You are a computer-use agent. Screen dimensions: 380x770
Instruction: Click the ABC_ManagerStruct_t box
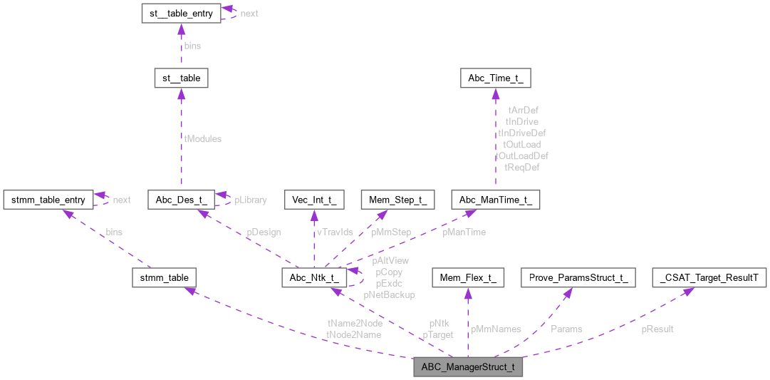[468, 368]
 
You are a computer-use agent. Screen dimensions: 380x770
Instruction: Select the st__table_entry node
[181, 14]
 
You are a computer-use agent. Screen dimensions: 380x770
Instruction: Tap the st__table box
[181, 78]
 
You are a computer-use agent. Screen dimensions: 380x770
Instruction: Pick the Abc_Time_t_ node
[496, 78]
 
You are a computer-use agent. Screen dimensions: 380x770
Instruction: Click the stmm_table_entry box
[48, 200]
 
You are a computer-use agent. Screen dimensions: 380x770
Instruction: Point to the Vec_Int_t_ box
[314, 200]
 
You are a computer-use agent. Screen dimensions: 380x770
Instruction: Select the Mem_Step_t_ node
[397, 200]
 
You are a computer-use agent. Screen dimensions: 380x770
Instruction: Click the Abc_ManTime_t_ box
[496, 200]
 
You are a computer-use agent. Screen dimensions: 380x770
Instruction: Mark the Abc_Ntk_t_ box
[314, 277]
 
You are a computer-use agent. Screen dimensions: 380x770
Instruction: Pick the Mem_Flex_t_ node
[468, 277]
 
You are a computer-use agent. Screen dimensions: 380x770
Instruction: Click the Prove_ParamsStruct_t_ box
[578, 277]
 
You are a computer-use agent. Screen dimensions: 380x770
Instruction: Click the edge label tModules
[202, 139]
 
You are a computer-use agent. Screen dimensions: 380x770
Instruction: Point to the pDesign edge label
[264, 232]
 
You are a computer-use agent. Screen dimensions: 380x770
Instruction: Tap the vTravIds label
[334, 232]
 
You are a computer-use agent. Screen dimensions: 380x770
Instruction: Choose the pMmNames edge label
[496, 329]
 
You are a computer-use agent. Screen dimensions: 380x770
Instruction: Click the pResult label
[657, 329]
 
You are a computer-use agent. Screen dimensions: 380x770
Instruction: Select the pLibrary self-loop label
[251, 200]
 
